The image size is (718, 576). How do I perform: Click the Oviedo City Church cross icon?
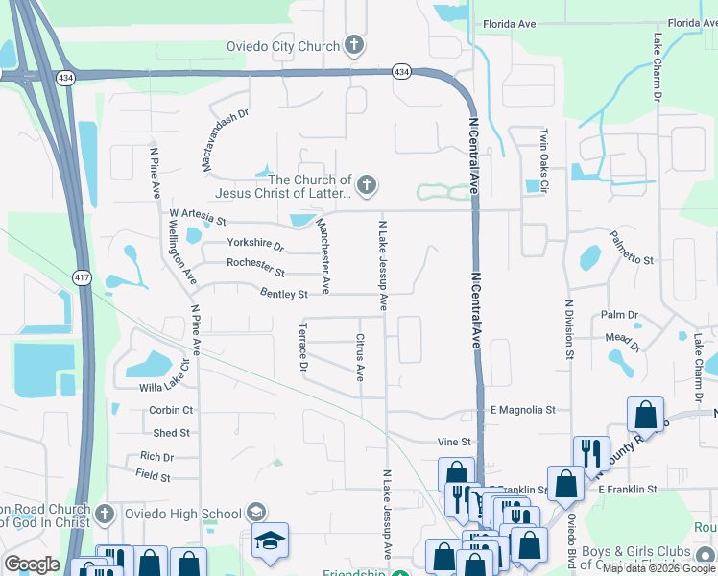coord(353,45)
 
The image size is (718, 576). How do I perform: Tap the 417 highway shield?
coord(82,276)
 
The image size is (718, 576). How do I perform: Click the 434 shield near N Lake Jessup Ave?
coord(401,72)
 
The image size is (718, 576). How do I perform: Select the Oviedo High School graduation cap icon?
coord(271,540)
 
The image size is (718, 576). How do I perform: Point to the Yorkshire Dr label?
coord(256,245)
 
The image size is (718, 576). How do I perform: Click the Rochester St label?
coord(255,263)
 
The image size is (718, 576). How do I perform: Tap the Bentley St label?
coord(282,294)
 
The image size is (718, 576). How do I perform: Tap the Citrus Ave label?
coord(360,357)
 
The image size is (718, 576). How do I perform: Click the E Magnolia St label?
coord(522,410)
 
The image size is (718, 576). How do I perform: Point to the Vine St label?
coord(455,442)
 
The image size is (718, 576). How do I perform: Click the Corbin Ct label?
coord(171,410)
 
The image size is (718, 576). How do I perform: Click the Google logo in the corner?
coord(32,564)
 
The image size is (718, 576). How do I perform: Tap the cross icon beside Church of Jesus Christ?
coord(365,185)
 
